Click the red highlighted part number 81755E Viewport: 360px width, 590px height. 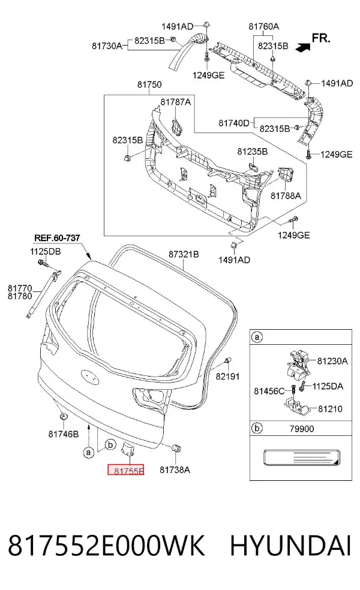click(126, 470)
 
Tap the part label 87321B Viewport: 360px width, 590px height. click(184, 254)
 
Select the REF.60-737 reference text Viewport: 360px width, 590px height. click(57, 238)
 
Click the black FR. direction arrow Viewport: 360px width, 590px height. click(303, 47)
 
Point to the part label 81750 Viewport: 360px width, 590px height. click(149, 85)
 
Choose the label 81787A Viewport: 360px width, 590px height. click(175, 102)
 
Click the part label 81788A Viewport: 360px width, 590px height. click(286, 196)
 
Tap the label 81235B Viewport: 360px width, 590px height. click(253, 152)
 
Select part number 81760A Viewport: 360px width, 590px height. click(263, 26)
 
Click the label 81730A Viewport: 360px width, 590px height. click(107, 46)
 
